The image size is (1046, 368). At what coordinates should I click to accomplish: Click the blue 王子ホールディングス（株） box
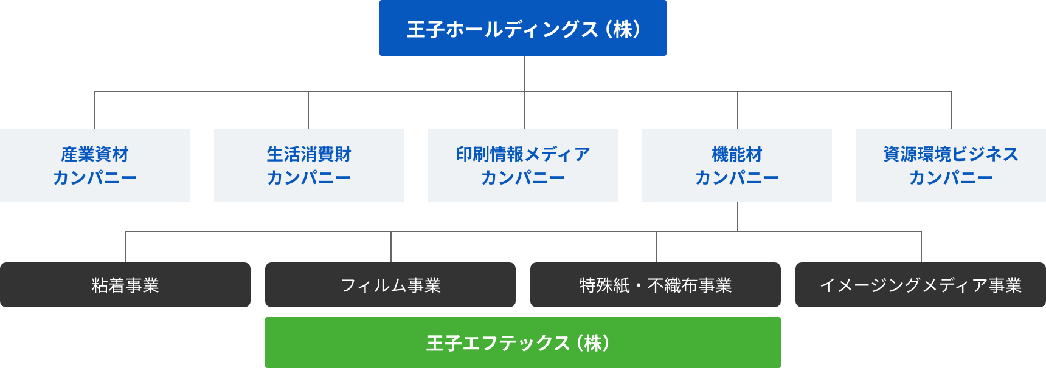[x=523, y=28]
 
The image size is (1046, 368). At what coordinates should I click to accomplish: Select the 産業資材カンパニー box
[x=95, y=165]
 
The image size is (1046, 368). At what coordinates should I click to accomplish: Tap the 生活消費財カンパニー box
[x=309, y=165]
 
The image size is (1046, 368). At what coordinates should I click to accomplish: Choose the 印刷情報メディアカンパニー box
[x=523, y=165]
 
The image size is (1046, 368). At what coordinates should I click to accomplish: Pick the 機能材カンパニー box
[x=737, y=165]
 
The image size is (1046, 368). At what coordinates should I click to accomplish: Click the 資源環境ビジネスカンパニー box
[x=951, y=165]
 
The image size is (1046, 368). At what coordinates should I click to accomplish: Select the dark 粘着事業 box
[x=125, y=285]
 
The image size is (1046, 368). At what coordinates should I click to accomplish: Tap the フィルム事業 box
[x=390, y=285]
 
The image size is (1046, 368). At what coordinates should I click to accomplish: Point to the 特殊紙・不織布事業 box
[x=656, y=285]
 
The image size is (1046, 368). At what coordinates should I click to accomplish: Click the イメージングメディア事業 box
[x=921, y=285]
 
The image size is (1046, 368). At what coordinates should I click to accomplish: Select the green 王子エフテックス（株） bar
[x=523, y=342]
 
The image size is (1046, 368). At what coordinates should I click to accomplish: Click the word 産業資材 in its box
[x=95, y=154]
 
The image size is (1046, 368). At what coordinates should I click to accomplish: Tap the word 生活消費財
[x=309, y=154]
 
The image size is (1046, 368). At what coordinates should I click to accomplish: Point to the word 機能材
[x=737, y=154]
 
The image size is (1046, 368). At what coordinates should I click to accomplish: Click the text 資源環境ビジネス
[x=951, y=154]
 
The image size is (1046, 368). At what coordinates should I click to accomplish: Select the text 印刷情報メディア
[x=523, y=154]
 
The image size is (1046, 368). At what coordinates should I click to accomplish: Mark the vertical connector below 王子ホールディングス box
[x=525, y=73]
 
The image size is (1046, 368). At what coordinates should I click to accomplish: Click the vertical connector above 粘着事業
[x=126, y=247]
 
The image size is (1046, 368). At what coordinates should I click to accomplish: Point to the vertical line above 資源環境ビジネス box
[x=952, y=110]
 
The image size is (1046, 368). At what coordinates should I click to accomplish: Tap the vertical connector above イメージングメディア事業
[x=921, y=247]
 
